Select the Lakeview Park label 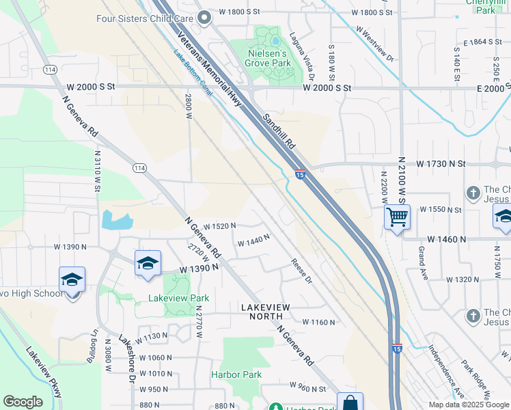179,299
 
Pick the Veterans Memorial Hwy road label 212,68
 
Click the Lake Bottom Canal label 193,75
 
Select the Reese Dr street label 301,271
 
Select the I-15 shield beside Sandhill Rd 300,175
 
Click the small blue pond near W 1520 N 116,221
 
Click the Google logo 23,402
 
